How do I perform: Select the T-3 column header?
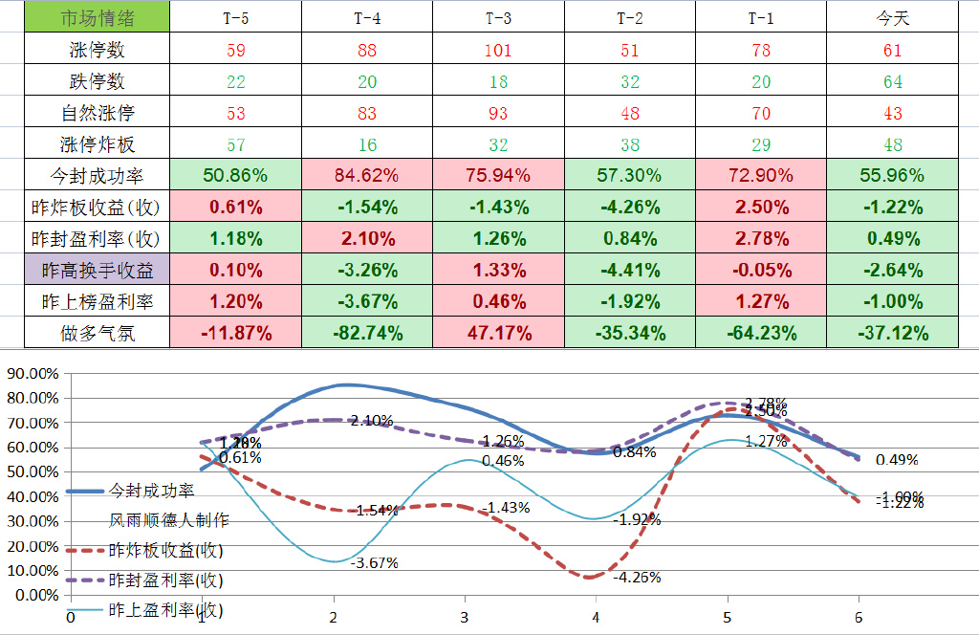click(498, 18)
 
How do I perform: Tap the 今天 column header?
click(892, 18)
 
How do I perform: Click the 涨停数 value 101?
click(498, 50)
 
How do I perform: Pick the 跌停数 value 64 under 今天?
click(892, 81)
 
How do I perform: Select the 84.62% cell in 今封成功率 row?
click(367, 176)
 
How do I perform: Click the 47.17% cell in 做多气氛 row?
click(498, 334)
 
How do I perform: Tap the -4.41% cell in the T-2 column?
click(629, 270)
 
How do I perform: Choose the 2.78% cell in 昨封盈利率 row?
click(761, 238)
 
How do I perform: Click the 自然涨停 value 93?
click(498, 113)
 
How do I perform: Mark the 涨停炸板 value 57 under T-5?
click(235, 144)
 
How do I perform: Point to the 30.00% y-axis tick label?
click(33, 520)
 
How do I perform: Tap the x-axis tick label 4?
click(596, 617)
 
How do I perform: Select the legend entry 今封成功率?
click(151, 490)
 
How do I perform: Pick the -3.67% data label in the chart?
click(374, 563)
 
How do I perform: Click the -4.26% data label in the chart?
click(637, 577)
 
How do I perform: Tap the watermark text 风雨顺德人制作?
click(168, 520)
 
